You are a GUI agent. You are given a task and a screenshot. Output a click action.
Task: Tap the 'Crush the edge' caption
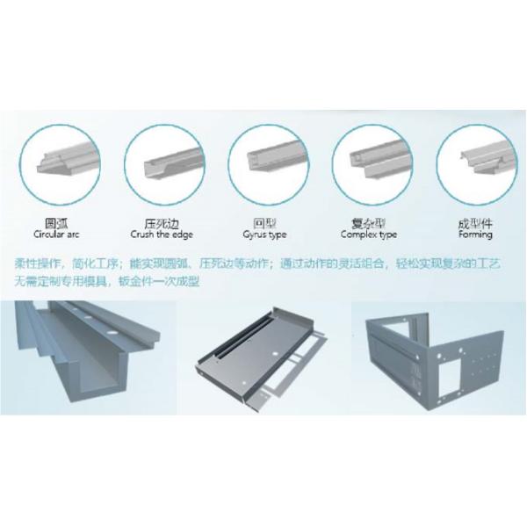[x=161, y=235]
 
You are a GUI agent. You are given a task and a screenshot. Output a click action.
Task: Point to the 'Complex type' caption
[x=369, y=235]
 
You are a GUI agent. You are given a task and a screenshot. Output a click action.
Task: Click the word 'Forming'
[x=474, y=235]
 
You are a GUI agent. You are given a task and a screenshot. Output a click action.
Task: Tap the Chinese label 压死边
[x=161, y=223]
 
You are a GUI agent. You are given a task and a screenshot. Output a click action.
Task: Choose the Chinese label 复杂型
[x=369, y=223]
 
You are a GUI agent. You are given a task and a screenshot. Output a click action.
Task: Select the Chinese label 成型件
[x=474, y=223]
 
